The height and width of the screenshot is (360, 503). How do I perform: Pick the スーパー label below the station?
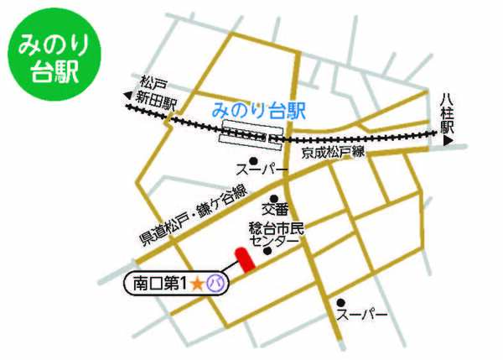[x=255, y=170]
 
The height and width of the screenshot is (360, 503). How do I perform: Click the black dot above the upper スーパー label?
[x=252, y=159]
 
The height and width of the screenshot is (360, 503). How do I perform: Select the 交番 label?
[x=275, y=208]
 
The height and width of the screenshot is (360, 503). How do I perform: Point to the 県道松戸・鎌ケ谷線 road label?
[x=192, y=216]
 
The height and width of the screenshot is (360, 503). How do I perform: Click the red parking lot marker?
[x=243, y=259]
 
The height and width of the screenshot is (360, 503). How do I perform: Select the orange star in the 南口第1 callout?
[x=197, y=284]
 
